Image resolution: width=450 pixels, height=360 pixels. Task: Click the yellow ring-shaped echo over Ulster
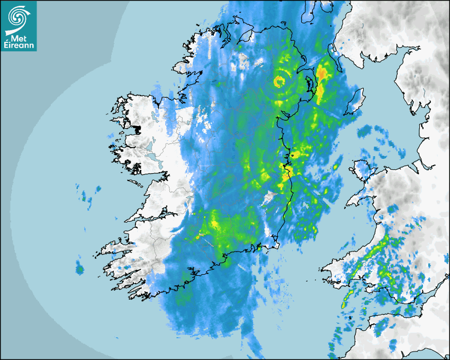280,82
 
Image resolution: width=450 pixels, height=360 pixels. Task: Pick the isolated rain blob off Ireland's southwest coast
79,269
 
